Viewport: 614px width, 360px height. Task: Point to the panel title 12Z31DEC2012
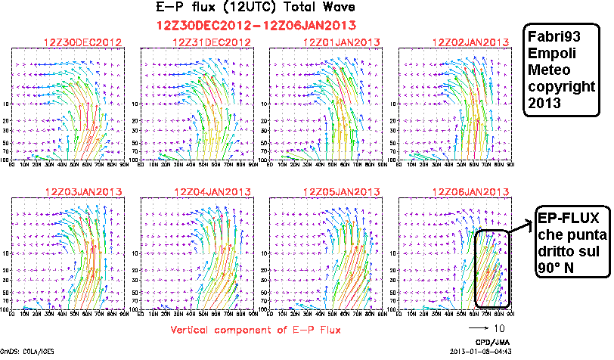212,42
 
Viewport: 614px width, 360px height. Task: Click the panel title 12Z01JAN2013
341,42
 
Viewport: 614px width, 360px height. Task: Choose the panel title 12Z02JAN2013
470,42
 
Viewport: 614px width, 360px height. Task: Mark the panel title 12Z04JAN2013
212,191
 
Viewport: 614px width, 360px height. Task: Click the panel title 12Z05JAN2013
341,191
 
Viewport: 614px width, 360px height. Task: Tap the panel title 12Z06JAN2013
470,191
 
